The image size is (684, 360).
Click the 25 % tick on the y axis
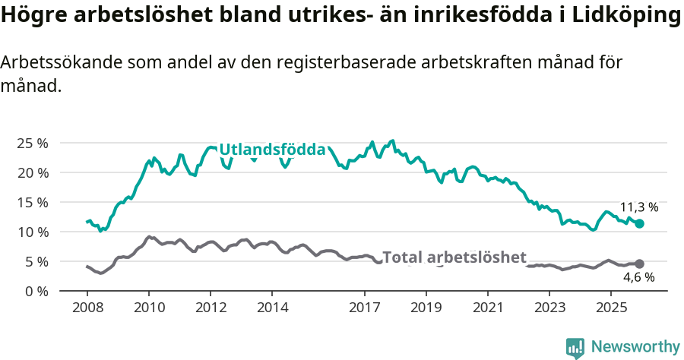pos(32,143)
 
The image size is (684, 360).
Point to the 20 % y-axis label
pos(32,172)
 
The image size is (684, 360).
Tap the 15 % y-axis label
pos(32,202)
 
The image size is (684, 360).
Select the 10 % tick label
pos(32,232)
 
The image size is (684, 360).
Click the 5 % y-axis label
pos(35,261)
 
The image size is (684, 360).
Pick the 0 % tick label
pos(35,291)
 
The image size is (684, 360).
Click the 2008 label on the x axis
pos(87,308)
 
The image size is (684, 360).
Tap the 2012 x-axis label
pos(211,308)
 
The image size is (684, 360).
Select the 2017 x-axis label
pos(365,308)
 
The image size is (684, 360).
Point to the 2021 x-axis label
pos(489,308)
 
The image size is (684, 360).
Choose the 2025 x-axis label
pos(612,308)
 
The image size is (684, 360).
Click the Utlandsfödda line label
pos(272,150)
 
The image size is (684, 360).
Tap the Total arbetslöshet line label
pos(454,257)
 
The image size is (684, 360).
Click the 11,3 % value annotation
pos(639,207)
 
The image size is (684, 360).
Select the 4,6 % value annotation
pos(640,278)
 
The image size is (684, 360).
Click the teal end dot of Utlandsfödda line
pos(640,224)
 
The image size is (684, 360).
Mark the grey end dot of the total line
pos(639,264)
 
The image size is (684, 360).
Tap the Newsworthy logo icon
pos(575,348)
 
